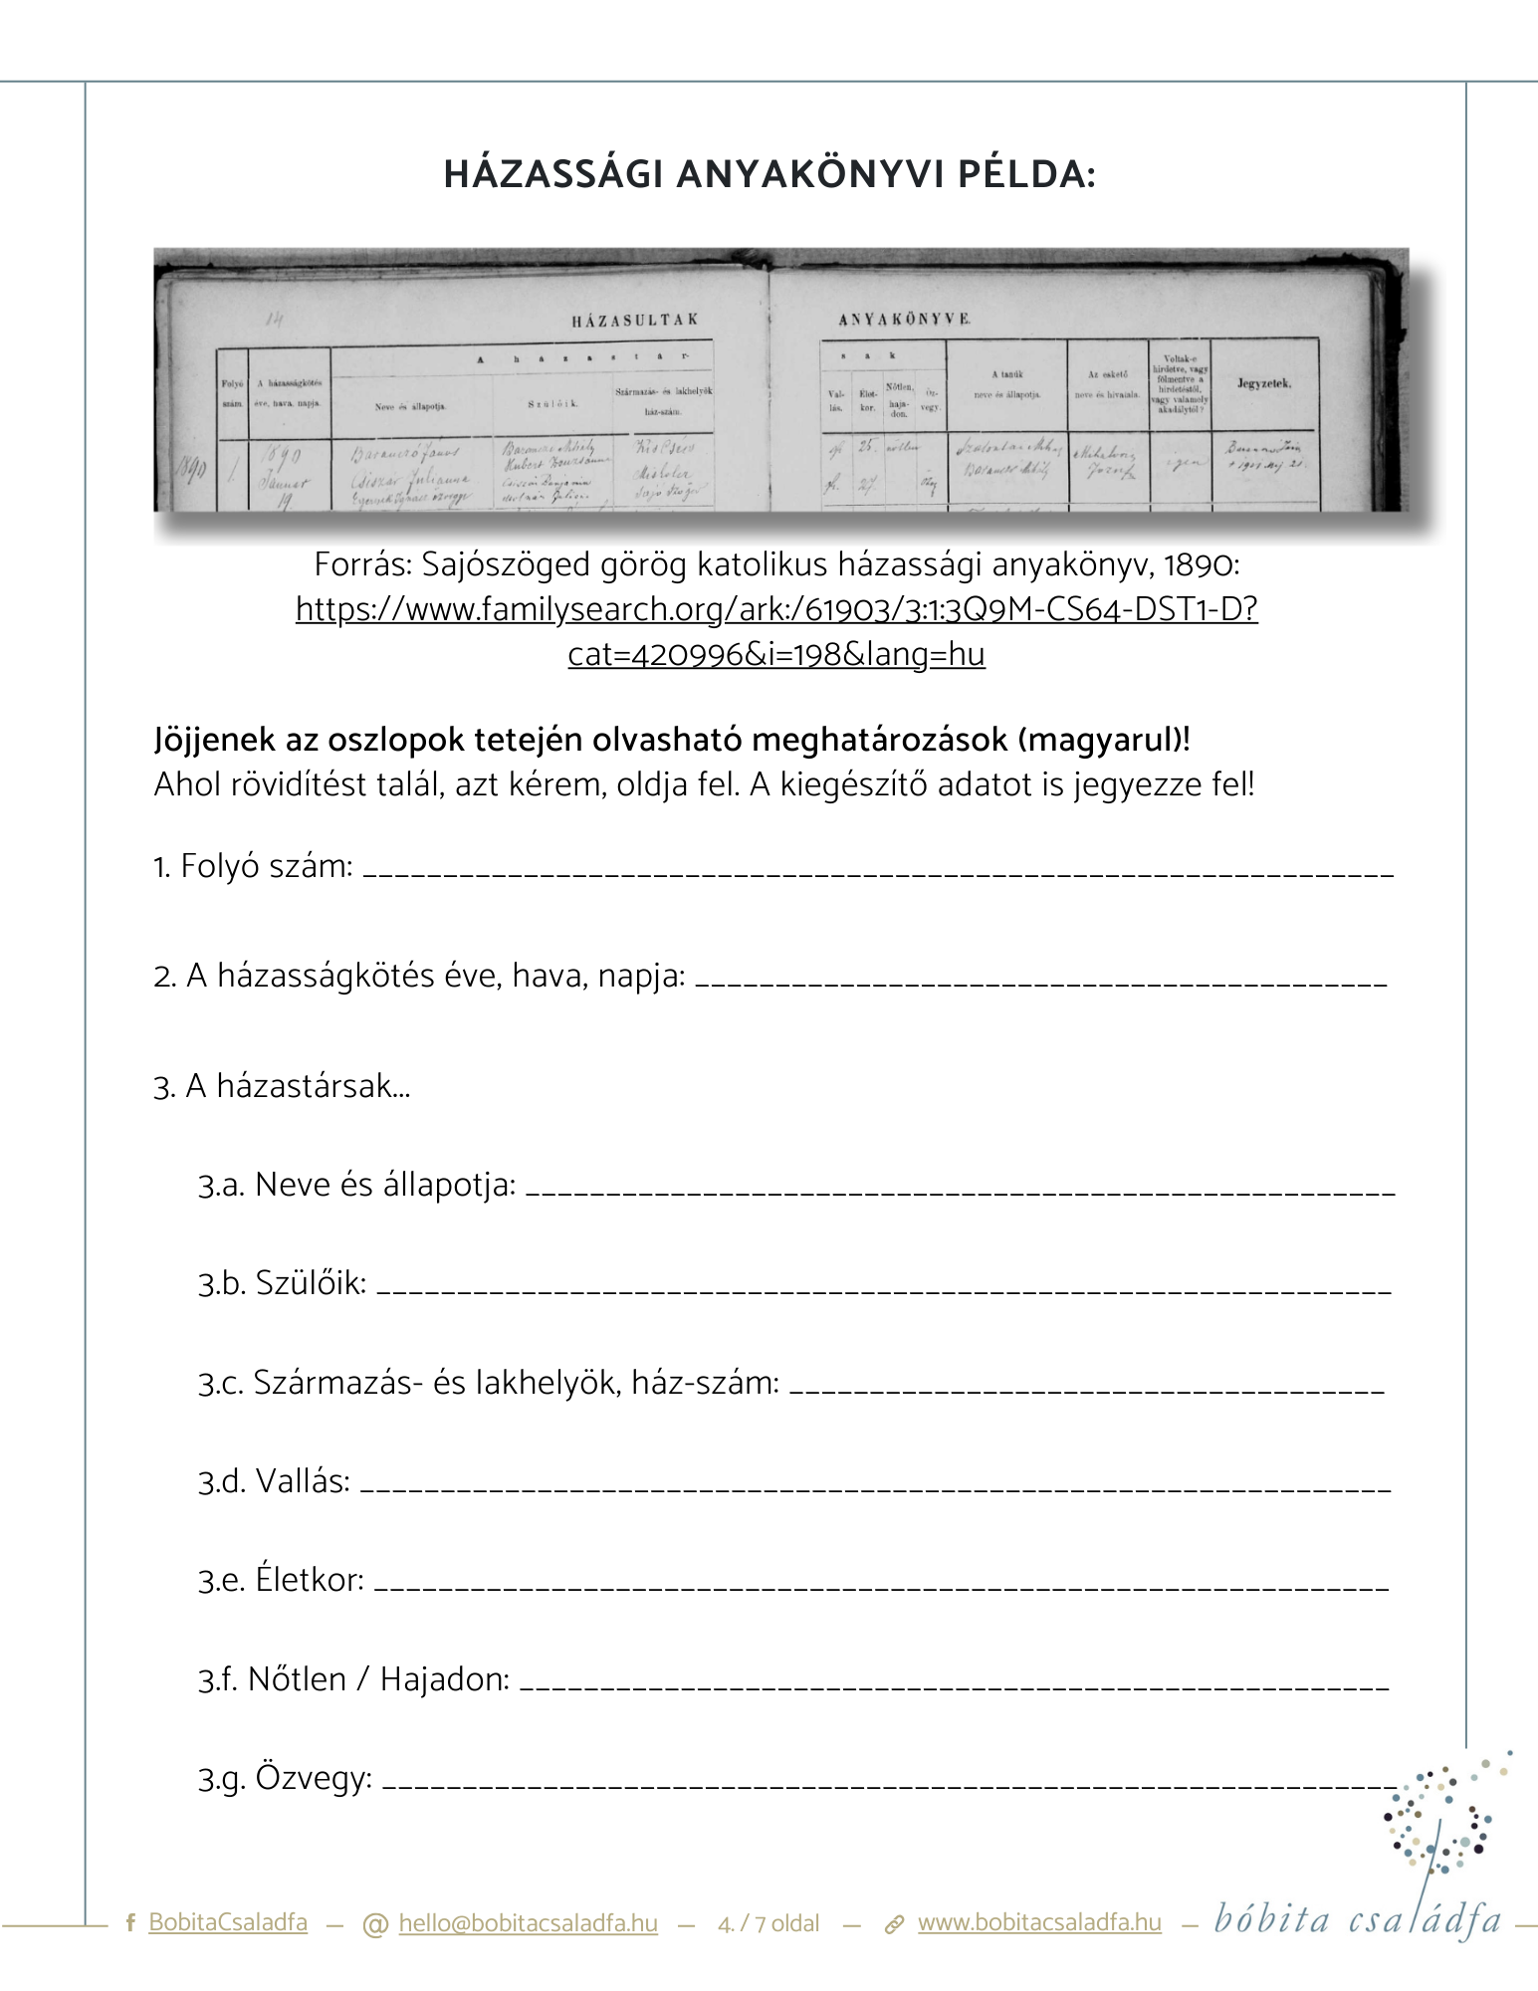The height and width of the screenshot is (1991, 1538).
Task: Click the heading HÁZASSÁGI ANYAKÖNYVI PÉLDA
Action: click(769, 174)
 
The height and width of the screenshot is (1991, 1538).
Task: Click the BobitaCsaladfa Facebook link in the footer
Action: click(227, 1922)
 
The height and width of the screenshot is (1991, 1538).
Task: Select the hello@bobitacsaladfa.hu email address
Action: click(528, 1922)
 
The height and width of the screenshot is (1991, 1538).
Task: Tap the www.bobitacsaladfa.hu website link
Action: click(1039, 1922)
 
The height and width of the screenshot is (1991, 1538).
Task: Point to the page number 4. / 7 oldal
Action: click(769, 1923)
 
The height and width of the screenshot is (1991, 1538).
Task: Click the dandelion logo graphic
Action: click(1443, 1822)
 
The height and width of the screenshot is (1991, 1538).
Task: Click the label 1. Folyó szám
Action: click(253, 867)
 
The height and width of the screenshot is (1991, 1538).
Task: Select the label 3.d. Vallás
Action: click(274, 1481)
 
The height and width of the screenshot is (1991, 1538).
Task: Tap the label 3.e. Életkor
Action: click(281, 1580)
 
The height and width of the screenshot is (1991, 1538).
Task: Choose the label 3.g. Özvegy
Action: click(285, 1778)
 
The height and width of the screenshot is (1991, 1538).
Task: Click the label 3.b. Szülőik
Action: click(282, 1283)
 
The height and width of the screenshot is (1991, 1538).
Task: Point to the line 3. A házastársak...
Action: click(282, 1085)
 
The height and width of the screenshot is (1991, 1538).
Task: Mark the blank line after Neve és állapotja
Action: click(960, 1191)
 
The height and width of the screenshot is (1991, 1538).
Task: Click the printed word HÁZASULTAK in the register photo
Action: click(635, 321)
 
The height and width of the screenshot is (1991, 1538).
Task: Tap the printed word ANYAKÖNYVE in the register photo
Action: click(904, 320)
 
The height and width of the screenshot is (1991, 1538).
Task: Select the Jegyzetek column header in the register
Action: click(1264, 383)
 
